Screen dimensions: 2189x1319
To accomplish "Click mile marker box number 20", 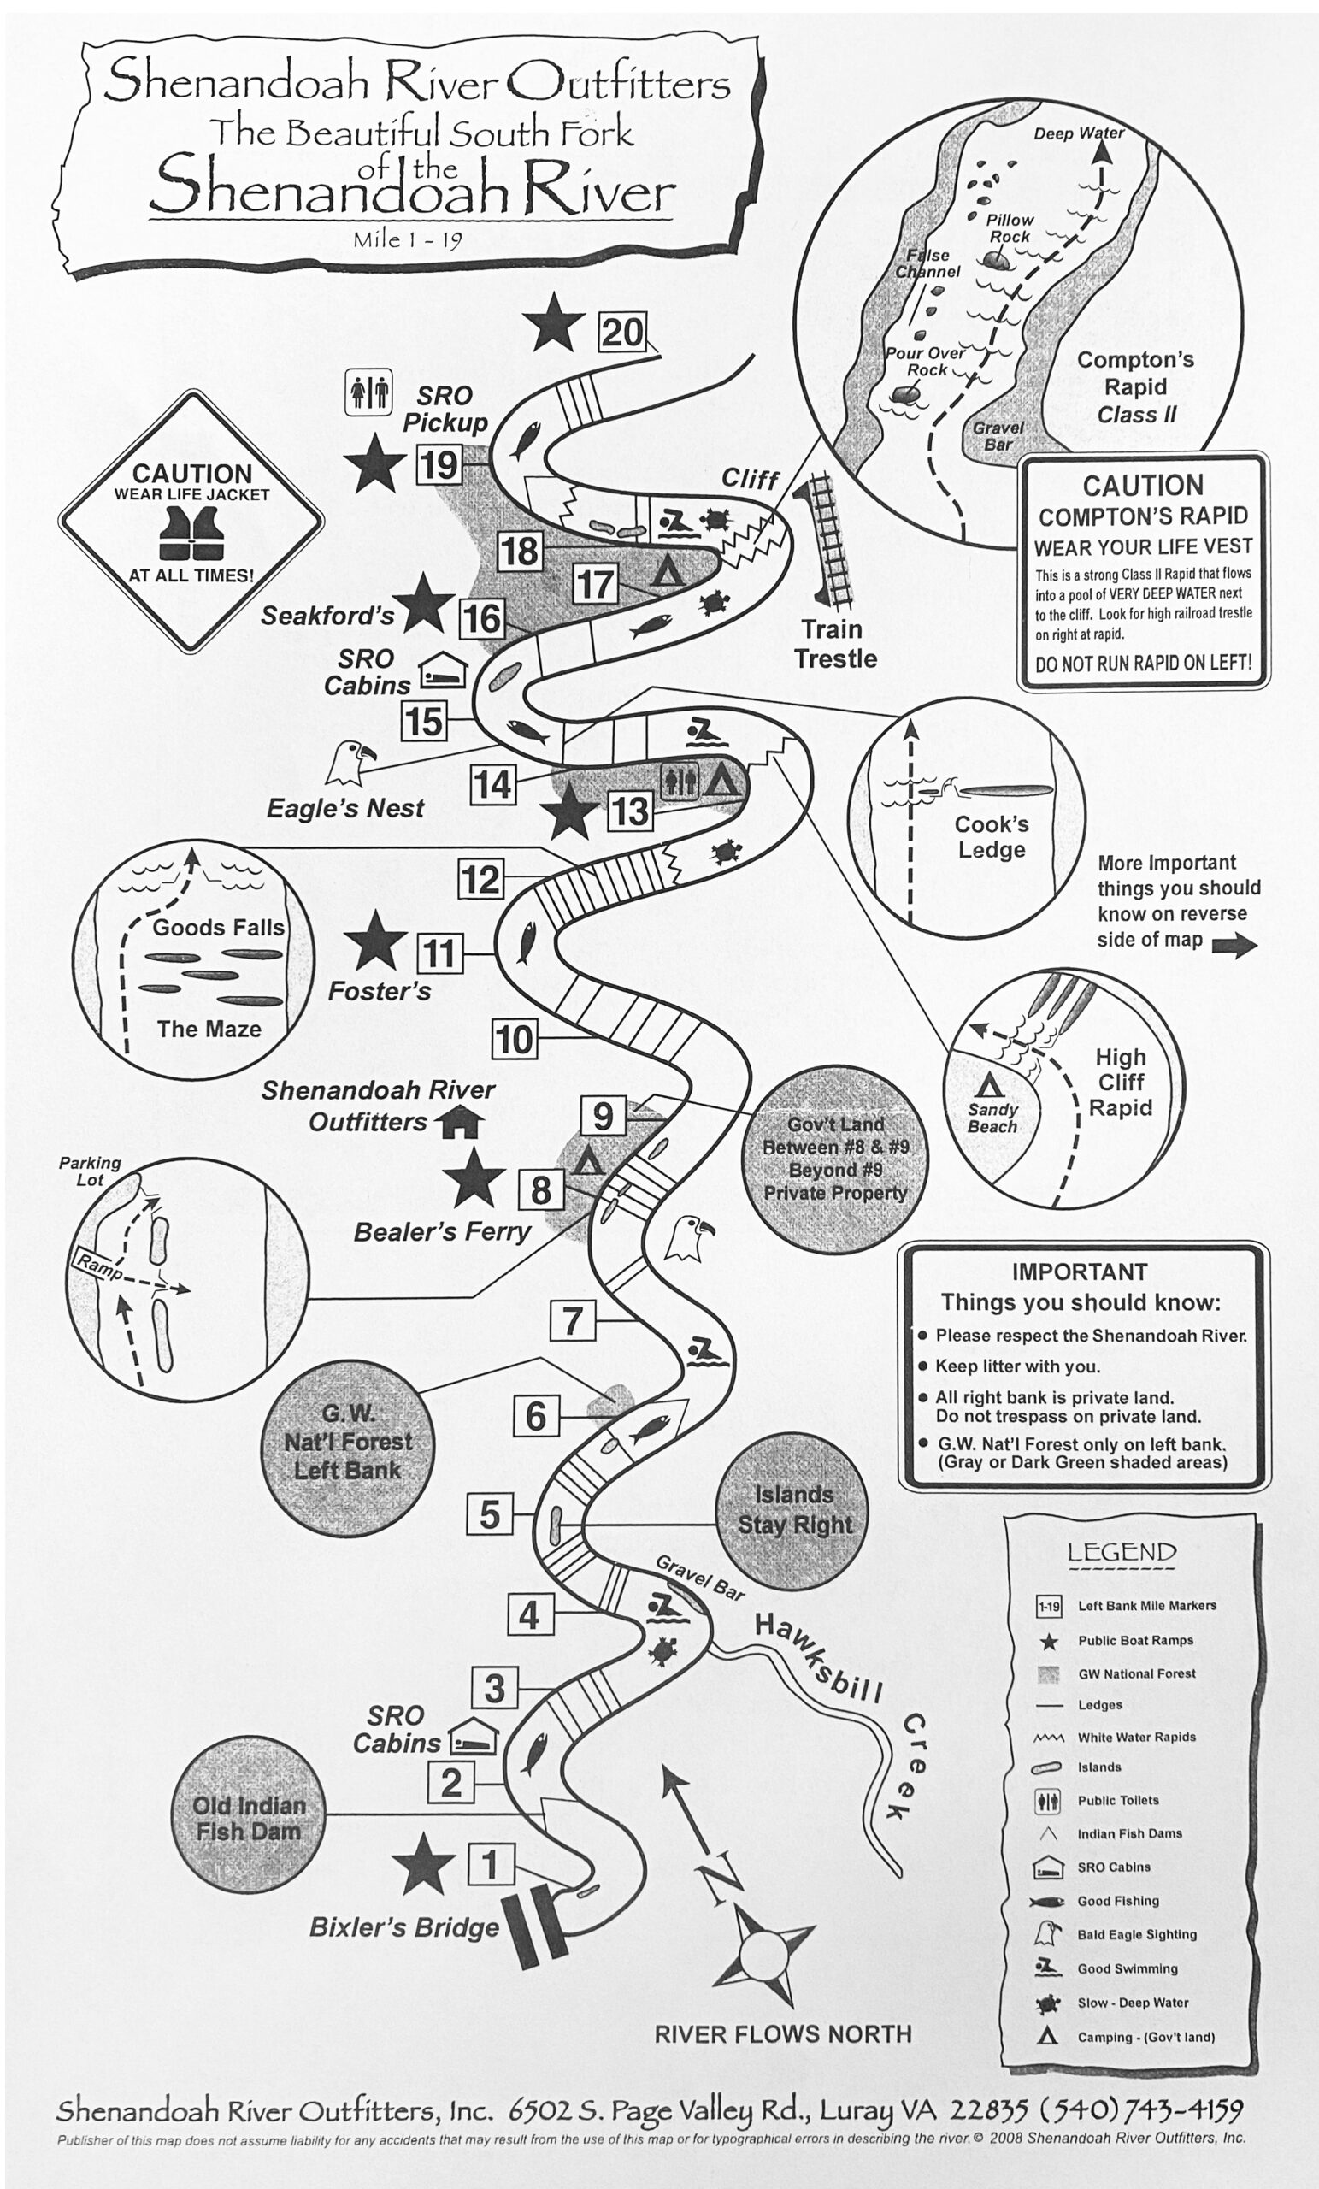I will tap(621, 333).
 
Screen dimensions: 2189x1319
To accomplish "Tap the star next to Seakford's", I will tap(425, 603).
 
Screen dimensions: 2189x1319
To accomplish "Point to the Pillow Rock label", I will tap(1010, 228).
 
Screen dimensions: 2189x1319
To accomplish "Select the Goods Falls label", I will tap(219, 928).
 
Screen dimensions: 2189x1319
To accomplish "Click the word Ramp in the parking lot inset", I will tap(98, 1266).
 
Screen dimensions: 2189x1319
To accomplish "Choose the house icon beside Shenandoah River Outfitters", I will tap(462, 1122).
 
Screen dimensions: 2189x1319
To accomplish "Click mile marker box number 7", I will tap(572, 1320).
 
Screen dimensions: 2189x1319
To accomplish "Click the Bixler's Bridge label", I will tap(404, 1928).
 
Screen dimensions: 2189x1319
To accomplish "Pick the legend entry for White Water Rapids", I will tap(1136, 1737).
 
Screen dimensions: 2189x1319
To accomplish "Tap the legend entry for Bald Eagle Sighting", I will tap(1136, 1934).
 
